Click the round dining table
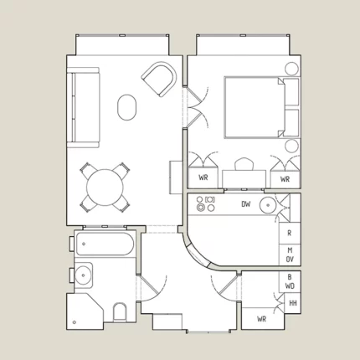click(x=105, y=188)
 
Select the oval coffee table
click(x=127, y=107)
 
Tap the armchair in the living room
click(x=159, y=79)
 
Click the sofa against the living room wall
click(x=83, y=107)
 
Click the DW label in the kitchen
click(x=246, y=204)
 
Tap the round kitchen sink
click(x=268, y=205)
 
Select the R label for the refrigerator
click(x=290, y=233)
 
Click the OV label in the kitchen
click(x=290, y=260)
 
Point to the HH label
click(x=293, y=303)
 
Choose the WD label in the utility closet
click(x=290, y=286)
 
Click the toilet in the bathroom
click(x=120, y=312)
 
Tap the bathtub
click(x=105, y=244)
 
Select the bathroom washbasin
click(x=84, y=275)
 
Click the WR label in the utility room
click(x=262, y=319)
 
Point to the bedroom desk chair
click(x=244, y=164)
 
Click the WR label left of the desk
click(x=203, y=177)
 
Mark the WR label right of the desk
click(x=285, y=179)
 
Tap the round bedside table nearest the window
click(x=291, y=69)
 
